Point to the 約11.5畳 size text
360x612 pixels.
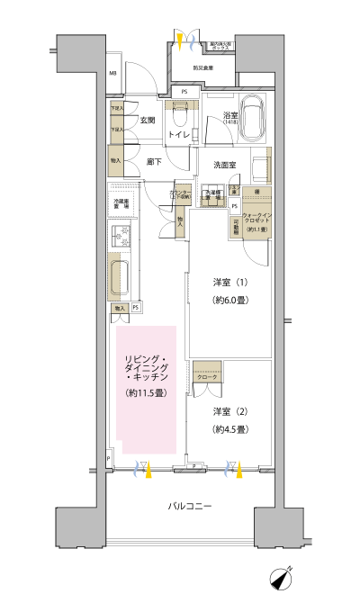(x=145, y=393)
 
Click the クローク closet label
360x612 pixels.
(x=207, y=375)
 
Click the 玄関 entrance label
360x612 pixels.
(x=147, y=120)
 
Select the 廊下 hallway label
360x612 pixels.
(x=154, y=162)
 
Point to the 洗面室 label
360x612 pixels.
(x=225, y=166)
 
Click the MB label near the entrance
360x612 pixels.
(x=114, y=73)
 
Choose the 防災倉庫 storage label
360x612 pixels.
(x=204, y=67)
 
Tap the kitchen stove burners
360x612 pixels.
(x=120, y=237)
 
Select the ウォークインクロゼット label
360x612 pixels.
(x=255, y=219)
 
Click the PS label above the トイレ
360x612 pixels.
(x=184, y=92)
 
